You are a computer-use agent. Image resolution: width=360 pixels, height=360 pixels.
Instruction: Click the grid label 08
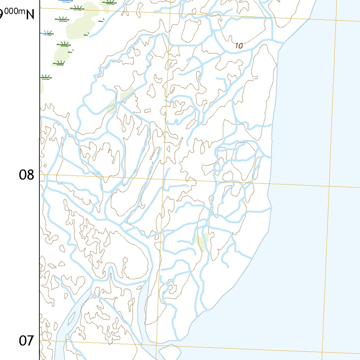click(x=26, y=174)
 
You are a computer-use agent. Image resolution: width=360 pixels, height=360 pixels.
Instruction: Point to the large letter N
click(x=30, y=15)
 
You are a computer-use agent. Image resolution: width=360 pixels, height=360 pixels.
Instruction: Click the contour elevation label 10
click(x=239, y=45)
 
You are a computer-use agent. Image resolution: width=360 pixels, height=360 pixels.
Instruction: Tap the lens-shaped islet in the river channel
click(x=71, y=319)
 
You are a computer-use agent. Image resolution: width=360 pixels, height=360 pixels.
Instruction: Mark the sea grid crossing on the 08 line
click(x=330, y=187)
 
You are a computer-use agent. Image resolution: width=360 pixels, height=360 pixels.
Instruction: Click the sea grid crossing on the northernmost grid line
click(x=336, y=20)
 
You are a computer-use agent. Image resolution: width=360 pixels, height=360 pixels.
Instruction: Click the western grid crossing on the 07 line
click(x=157, y=345)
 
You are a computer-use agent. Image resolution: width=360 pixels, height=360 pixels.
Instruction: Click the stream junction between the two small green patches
click(x=119, y=102)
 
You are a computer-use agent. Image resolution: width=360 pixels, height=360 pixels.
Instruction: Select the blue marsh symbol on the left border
click(x=46, y=33)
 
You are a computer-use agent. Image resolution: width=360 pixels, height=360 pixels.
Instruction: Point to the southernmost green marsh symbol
click(x=45, y=77)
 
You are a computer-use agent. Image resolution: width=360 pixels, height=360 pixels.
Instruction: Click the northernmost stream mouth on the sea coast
click(x=284, y=43)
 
